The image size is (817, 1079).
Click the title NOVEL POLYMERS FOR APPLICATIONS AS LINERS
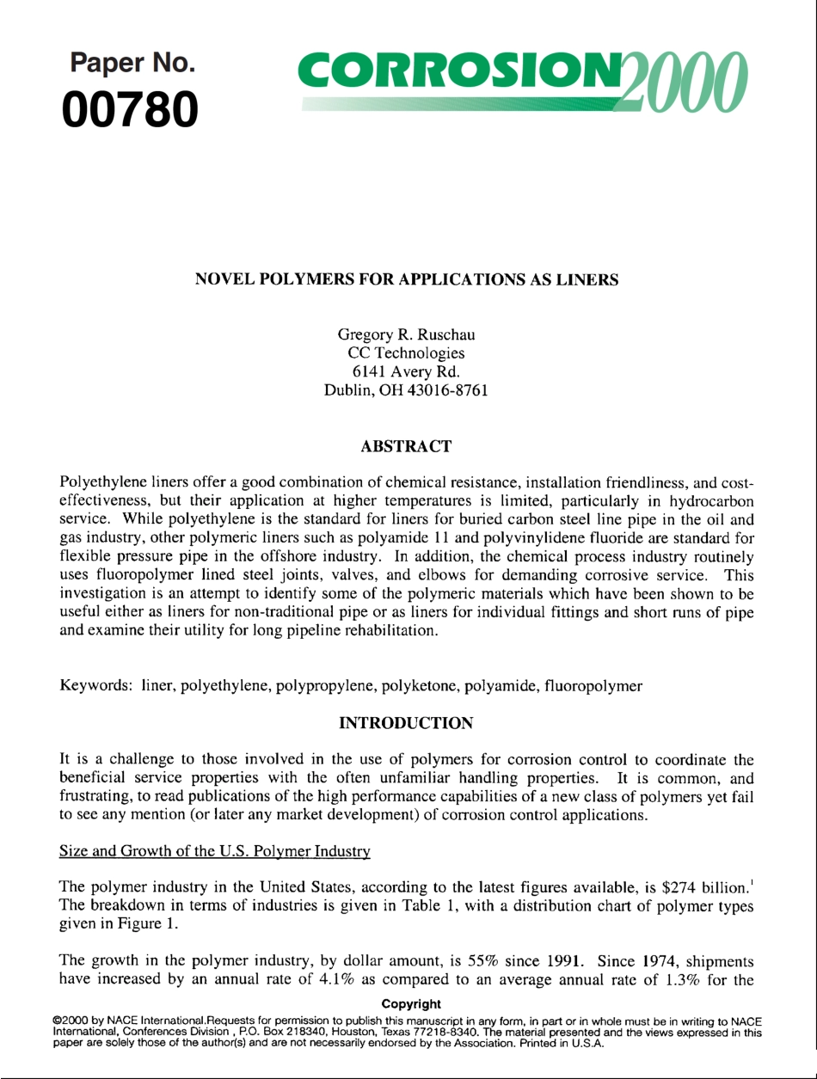tap(408, 279)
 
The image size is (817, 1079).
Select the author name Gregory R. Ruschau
tap(407, 334)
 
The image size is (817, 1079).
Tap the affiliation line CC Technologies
tap(407, 353)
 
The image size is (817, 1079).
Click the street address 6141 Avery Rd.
tap(407, 371)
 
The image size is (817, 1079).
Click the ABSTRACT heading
tap(407, 446)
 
